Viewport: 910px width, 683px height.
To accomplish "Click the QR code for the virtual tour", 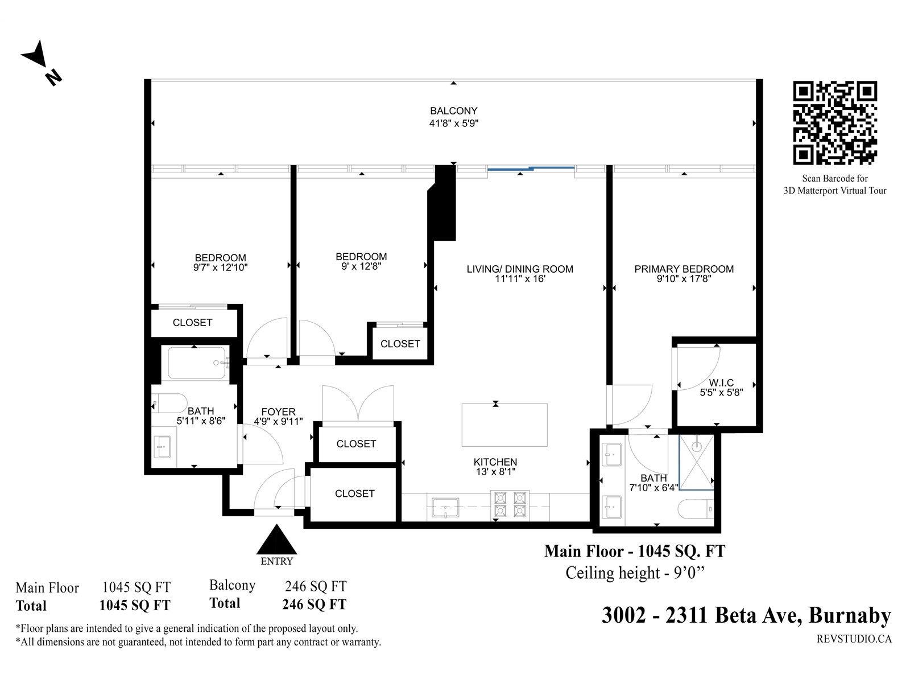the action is click(x=835, y=122).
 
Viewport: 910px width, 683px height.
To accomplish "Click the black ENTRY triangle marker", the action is click(x=276, y=539).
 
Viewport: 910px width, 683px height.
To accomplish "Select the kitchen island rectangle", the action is click(x=504, y=425).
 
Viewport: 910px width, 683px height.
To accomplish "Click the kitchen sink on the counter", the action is click(x=445, y=508).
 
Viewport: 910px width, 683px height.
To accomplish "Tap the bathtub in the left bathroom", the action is click(x=197, y=363).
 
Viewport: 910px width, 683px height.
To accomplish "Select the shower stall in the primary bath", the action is click(x=696, y=462).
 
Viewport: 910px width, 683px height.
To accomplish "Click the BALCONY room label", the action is click(x=453, y=111).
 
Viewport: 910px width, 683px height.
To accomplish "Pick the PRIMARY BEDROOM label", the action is click(x=684, y=269).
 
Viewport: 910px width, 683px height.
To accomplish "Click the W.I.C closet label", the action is click(x=721, y=382).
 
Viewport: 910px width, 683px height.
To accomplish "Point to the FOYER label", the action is click(x=278, y=412).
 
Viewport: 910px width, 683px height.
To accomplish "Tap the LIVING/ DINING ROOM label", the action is click(x=520, y=269).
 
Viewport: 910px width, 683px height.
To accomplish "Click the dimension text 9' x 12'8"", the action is click(x=361, y=266).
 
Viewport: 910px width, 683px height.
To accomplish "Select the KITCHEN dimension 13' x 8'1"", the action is click(x=495, y=471).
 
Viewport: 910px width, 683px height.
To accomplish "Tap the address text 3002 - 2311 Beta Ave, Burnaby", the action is click(x=746, y=615).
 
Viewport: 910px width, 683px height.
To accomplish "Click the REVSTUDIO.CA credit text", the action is click(x=854, y=639).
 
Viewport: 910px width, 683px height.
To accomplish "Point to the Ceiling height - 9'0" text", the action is click(x=635, y=573).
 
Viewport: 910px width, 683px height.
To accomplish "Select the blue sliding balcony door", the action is click(x=531, y=168).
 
